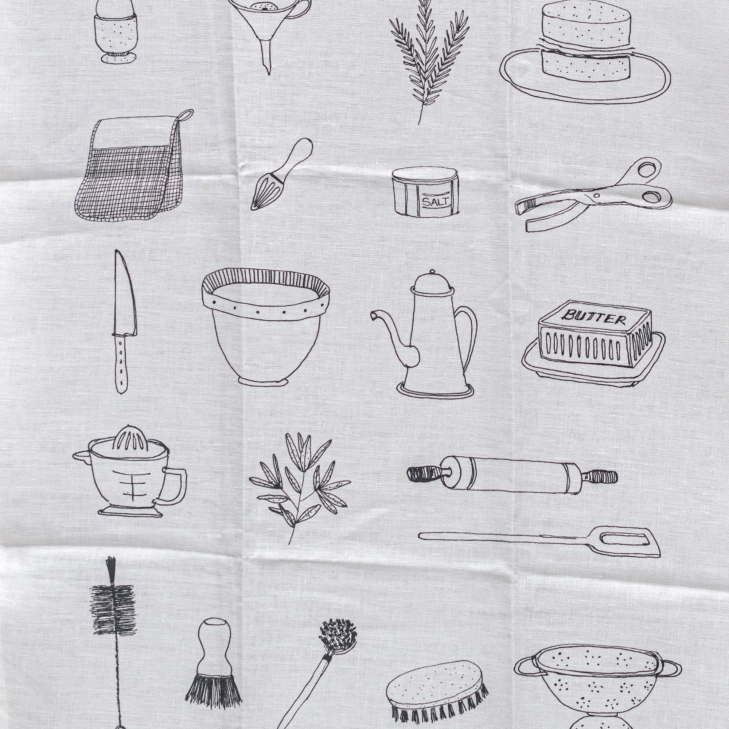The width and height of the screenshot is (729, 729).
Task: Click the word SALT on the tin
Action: [436, 202]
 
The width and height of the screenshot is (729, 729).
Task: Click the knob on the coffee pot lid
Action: [433, 272]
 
